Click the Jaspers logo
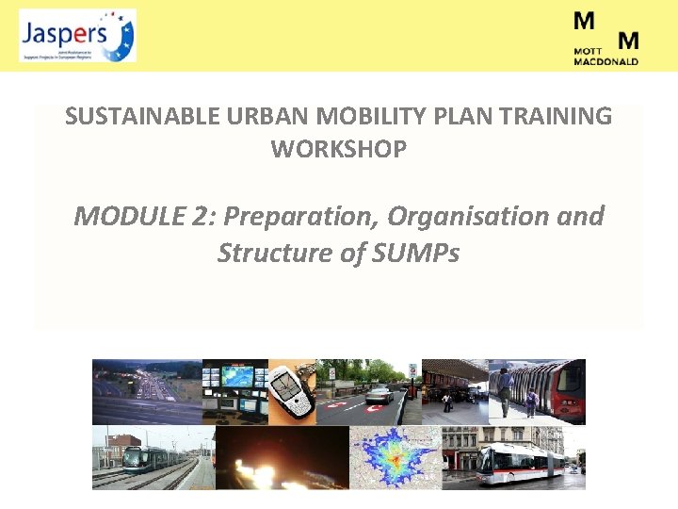coord(77,36)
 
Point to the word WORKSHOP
coord(339,149)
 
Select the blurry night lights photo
coord(282,458)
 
